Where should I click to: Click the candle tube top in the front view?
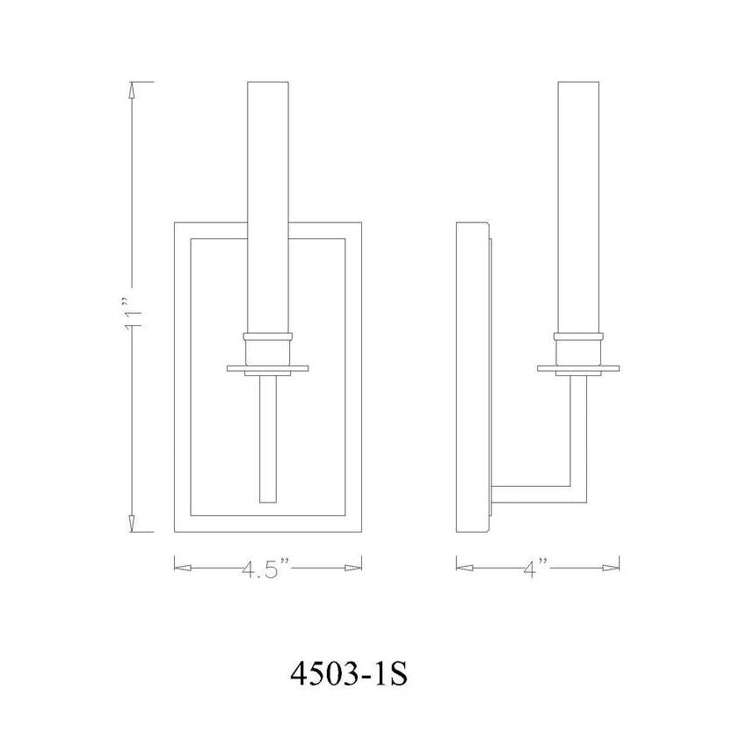point(269,85)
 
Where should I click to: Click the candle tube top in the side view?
point(579,85)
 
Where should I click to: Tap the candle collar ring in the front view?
point(269,337)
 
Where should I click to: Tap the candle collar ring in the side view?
point(579,337)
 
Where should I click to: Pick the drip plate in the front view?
point(269,366)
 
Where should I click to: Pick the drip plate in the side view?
point(579,366)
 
